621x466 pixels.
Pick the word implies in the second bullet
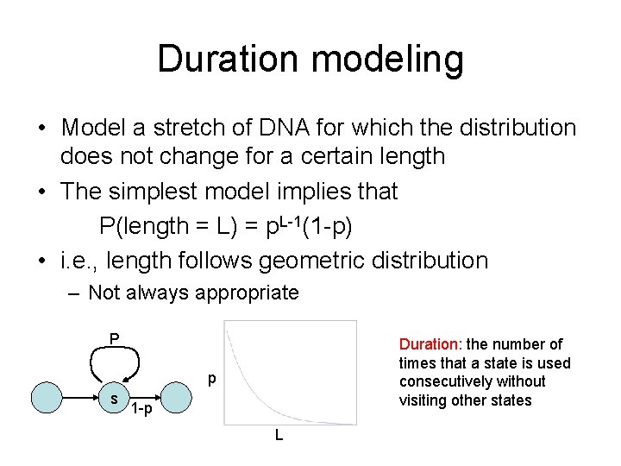(x=313, y=190)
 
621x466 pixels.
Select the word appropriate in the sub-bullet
(x=248, y=293)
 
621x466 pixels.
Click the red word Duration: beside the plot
(x=429, y=344)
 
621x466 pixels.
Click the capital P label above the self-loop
(x=114, y=337)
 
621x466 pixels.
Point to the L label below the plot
(x=279, y=436)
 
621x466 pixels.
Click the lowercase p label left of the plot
(x=210, y=380)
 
